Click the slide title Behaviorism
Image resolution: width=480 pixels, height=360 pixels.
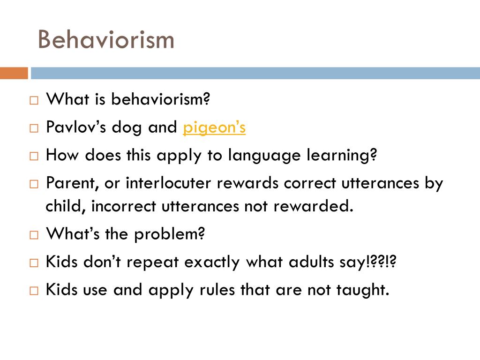click(106, 39)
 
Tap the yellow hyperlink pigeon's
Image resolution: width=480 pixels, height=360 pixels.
click(214, 127)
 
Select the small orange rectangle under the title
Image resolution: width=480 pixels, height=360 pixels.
click(14, 73)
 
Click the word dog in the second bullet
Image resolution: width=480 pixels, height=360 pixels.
click(126, 127)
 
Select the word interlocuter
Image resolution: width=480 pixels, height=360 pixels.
click(168, 183)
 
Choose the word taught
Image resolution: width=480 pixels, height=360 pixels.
click(363, 290)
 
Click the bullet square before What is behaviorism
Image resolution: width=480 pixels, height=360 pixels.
click(34, 100)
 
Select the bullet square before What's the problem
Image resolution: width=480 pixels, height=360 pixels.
click(34, 234)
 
